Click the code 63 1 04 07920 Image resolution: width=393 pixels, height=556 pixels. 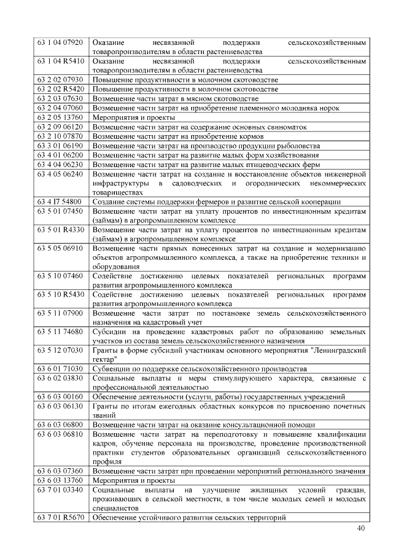(60, 43)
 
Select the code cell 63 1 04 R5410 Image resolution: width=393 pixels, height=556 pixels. (60, 61)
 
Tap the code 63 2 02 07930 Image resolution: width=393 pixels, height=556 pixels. (60, 80)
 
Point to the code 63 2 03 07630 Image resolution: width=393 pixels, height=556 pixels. (60, 98)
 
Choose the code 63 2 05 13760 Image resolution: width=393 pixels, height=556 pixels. (60, 117)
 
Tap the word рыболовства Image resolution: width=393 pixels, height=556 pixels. (298, 146)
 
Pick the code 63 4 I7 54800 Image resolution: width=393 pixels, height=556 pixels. (60, 202)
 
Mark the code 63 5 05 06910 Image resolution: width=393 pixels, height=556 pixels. (60, 248)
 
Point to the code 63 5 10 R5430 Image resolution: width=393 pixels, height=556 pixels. (60, 295)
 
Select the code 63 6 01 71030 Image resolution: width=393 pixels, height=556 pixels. (60, 369)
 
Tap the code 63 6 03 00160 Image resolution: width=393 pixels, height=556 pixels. (60, 397)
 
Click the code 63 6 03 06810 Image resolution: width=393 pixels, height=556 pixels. (60, 434)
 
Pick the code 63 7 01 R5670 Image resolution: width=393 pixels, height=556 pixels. (60, 518)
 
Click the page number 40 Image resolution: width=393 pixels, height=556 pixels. (360, 530)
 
